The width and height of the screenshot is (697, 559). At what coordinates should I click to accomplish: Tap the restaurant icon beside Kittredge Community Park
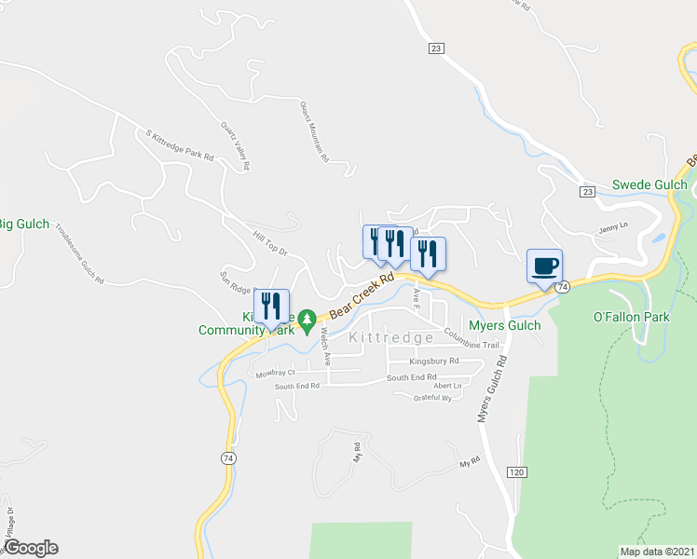click(x=271, y=306)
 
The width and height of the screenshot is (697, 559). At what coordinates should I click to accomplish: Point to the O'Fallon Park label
click(x=632, y=318)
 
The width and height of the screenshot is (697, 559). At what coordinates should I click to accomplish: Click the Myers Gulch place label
click(x=504, y=325)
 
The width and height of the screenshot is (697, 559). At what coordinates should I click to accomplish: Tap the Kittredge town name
click(x=391, y=338)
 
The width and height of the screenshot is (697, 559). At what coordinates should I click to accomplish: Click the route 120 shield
click(x=516, y=472)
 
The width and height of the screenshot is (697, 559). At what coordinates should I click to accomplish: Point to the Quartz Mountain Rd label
click(x=314, y=131)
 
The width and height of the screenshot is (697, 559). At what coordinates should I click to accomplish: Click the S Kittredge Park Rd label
click(x=174, y=144)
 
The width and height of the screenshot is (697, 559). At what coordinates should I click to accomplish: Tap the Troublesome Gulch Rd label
click(x=78, y=253)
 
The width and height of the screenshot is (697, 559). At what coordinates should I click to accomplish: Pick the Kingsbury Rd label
click(x=434, y=361)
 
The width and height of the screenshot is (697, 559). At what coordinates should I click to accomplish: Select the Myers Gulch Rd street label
click(x=491, y=389)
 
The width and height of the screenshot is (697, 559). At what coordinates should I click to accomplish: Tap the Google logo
click(x=31, y=548)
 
